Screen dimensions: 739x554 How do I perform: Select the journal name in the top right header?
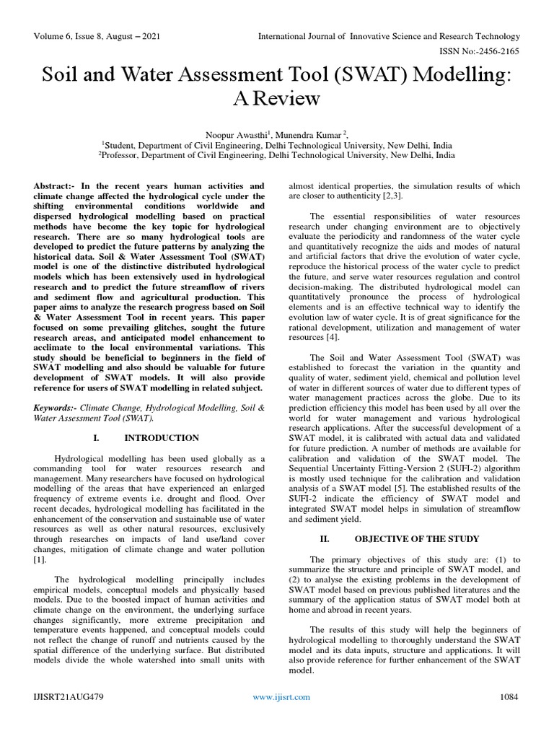pyautogui.click(x=389, y=36)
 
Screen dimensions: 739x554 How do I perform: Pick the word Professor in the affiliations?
pyautogui.click(x=122, y=154)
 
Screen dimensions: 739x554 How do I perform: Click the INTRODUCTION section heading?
pyautogui.click(x=162, y=438)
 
